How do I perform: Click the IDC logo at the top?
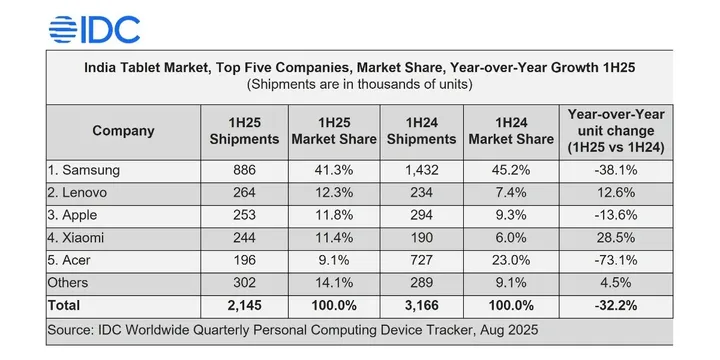click(95, 30)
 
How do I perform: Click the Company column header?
click(123, 130)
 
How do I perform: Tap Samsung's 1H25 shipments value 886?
click(244, 171)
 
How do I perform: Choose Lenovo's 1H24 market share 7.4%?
click(511, 193)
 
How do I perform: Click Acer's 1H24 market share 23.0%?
click(511, 261)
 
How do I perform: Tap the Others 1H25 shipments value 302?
click(244, 283)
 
